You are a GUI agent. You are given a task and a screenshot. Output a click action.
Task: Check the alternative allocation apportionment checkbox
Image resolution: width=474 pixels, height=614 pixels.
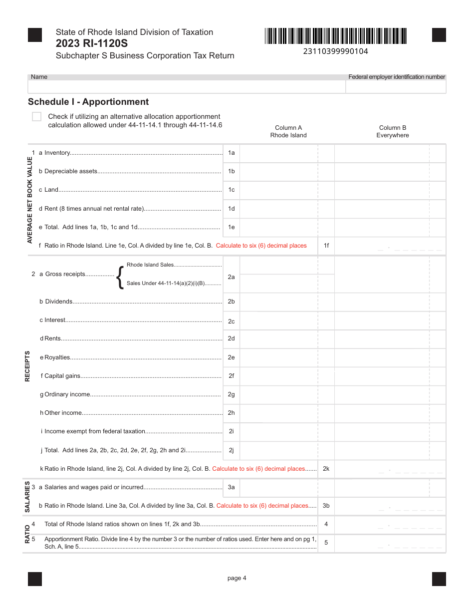[36, 116]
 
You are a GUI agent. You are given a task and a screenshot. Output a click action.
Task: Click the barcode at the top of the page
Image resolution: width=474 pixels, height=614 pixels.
[336, 36]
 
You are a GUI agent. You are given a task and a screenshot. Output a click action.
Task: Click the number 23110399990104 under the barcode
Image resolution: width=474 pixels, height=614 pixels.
[335, 51]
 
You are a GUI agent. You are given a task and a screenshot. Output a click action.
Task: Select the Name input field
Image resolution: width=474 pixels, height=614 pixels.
[187, 87]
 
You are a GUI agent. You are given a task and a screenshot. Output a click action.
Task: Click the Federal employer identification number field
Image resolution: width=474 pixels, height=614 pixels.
[396, 87]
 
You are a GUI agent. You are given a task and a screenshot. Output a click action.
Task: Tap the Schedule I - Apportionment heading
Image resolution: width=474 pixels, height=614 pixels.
[88, 102]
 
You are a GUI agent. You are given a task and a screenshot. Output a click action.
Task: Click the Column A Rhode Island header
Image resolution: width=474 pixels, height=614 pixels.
[288, 131]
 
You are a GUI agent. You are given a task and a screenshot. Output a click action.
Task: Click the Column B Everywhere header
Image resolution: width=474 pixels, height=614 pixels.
[392, 131]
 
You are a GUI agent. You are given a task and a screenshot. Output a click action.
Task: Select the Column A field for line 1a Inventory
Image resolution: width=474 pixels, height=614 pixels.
[278, 153]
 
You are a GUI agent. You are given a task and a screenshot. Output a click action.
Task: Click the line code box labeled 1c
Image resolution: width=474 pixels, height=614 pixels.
[231, 190]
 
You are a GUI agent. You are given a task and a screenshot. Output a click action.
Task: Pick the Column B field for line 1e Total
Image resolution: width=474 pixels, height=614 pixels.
[382, 227]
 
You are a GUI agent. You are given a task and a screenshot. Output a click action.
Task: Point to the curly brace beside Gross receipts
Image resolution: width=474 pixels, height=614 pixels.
[120, 277]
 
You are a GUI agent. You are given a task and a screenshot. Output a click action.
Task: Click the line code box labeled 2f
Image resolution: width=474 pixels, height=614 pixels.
[231, 376]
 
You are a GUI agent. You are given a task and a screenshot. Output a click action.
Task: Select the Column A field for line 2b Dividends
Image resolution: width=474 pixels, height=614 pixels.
[278, 302]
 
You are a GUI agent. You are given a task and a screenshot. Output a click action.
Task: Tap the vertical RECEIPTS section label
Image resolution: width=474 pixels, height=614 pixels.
[27, 366]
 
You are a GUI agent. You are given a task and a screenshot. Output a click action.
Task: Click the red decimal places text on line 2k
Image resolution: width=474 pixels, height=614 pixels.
[258, 469]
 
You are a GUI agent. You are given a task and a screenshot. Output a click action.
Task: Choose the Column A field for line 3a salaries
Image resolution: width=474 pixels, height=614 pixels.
[278, 487]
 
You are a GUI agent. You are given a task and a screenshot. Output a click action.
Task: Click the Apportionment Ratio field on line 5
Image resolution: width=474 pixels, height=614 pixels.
[389, 543]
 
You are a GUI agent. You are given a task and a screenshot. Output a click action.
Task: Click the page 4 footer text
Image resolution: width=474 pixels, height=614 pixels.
[237, 578]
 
